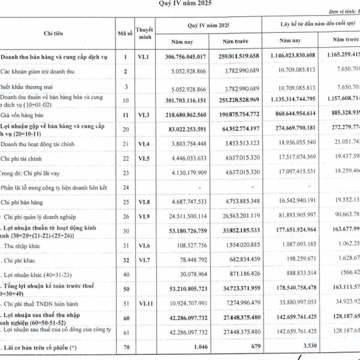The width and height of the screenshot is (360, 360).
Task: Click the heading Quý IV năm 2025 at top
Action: coord(185,3)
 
